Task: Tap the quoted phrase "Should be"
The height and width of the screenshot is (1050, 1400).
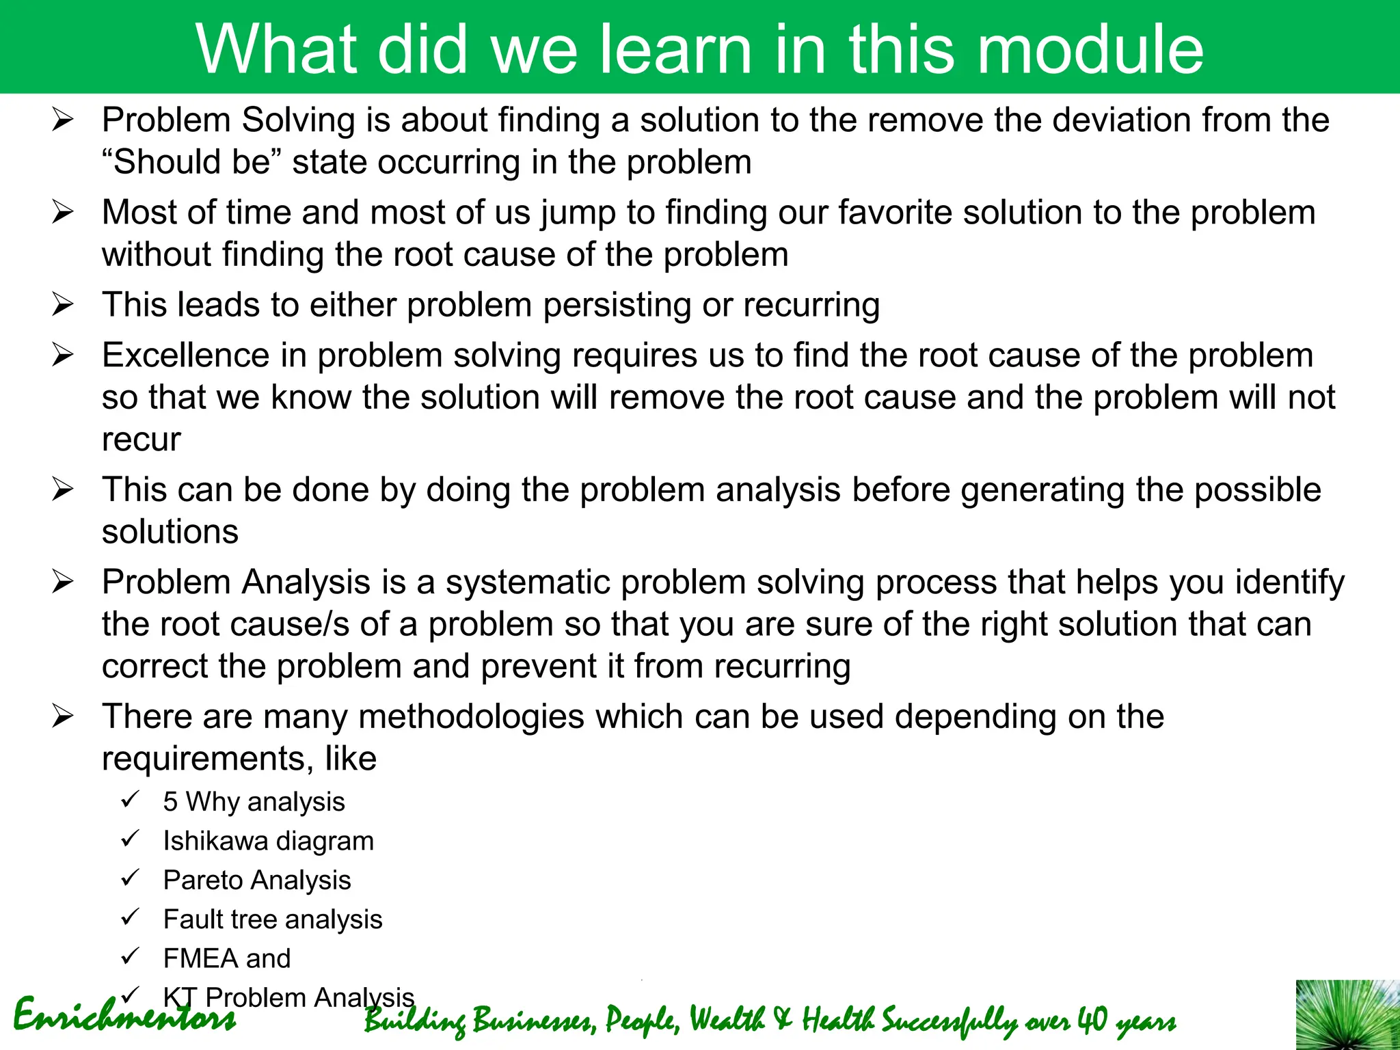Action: [x=191, y=163]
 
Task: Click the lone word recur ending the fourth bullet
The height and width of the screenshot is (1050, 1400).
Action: [x=141, y=440]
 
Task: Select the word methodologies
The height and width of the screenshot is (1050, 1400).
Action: [x=471, y=717]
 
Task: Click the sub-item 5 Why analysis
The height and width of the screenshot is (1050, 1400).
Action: [x=254, y=802]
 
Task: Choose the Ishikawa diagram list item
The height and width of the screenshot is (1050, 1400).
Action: [x=268, y=841]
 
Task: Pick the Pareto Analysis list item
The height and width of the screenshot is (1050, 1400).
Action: [x=257, y=880]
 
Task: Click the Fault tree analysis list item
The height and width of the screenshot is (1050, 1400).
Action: [x=272, y=919]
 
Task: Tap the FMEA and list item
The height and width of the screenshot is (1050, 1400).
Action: [x=226, y=958]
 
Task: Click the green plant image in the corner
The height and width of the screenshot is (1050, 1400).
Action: [x=1347, y=1015]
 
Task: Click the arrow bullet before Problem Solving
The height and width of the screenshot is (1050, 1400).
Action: [x=62, y=122]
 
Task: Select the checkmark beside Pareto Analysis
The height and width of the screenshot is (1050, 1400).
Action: [x=130, y=878]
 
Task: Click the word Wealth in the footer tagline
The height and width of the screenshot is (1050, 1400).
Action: [x=727, y=1020]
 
